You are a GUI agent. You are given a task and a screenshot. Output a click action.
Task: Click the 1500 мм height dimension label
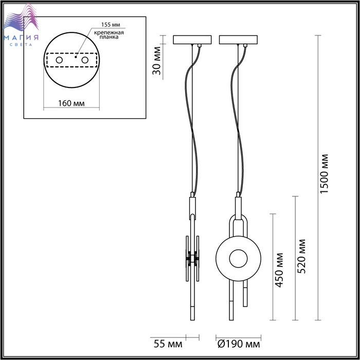(x=324, y=174)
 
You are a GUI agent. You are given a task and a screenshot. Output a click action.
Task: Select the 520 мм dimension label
(x=301, y=256)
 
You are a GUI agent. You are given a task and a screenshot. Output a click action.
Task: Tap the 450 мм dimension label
(x=279, y=270)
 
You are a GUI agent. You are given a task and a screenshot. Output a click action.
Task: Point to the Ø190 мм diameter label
(x=239, y=345)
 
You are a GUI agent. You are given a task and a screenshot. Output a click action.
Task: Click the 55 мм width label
(x=168, y=345)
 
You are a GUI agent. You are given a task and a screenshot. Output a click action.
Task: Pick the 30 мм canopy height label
(x=157, y=61)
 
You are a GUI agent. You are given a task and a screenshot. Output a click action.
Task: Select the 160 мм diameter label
(x=71, y=103)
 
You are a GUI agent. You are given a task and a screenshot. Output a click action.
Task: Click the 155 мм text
(x=111, y=25)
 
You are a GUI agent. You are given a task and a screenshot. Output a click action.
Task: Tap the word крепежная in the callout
(x=109, y=32)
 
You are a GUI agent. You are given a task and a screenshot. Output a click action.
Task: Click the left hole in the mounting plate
(x=59, y=60)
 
